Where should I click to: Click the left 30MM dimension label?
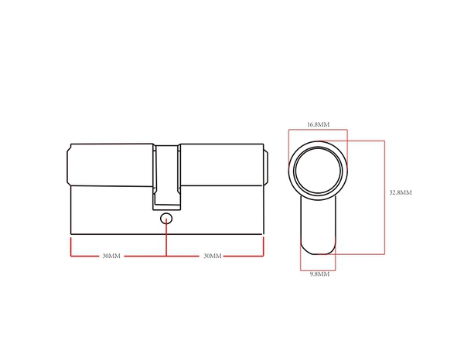[111, 256]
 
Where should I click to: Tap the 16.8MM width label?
[318, 124]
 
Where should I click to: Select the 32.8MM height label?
[400, 192]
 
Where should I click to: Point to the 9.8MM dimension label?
[318, 273]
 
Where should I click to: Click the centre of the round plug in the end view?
[318, 171]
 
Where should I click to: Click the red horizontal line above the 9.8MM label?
[318, 267]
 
